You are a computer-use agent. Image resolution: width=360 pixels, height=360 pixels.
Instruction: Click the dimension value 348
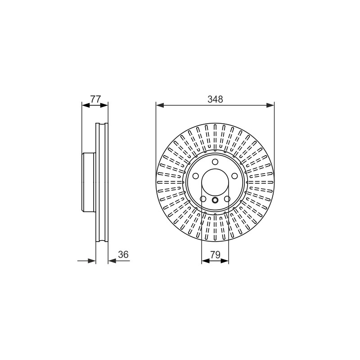(215, 99)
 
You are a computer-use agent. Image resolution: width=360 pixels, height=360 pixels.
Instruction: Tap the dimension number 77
(95, 99)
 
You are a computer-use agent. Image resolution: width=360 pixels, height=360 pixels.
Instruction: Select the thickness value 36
(123, 255)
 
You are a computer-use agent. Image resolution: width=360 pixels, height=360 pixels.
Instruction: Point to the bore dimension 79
(215, 255)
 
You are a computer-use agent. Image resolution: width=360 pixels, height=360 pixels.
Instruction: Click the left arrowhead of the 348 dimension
(160, 105)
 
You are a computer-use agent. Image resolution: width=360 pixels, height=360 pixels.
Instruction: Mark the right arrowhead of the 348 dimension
(270, 105)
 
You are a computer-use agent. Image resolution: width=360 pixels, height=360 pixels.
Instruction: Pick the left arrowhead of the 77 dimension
(85, 105)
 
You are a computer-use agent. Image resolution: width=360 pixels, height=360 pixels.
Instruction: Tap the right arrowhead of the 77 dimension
(104, 105)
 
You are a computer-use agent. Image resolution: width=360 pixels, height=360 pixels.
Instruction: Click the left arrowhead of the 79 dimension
(206, 261)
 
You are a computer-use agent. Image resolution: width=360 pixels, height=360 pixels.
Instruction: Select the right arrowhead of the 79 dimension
(225, 261)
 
